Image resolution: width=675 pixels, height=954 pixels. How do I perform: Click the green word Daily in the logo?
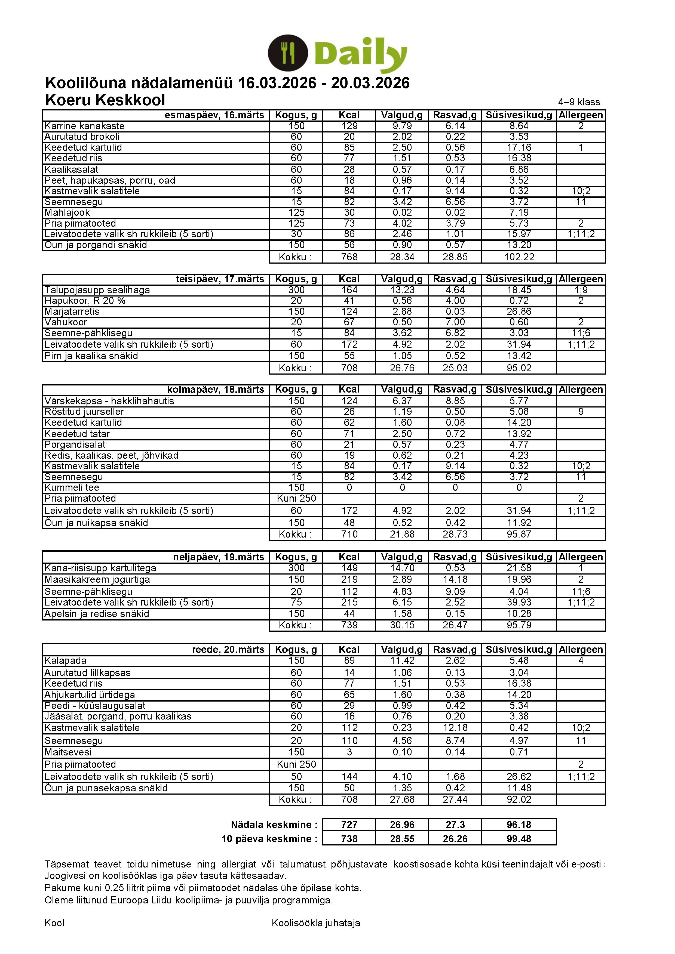point(360,54)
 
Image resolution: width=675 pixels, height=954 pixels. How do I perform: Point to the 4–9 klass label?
point(579,102)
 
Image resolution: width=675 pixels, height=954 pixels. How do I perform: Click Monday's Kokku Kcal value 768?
point(349,257)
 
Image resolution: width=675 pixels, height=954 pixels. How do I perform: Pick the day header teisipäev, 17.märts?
point(220,279)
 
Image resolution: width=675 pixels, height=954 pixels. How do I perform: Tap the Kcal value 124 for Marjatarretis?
point(349,312)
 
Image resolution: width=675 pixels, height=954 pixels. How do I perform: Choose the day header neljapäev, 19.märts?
point(219,557)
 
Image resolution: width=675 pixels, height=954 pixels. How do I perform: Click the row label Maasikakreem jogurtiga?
point(97,579)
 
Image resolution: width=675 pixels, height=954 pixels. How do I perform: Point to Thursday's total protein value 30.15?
point(402,625)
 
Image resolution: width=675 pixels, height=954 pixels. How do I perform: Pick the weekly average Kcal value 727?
point(349,825)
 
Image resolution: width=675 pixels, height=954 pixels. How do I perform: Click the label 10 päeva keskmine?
point(269,839)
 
